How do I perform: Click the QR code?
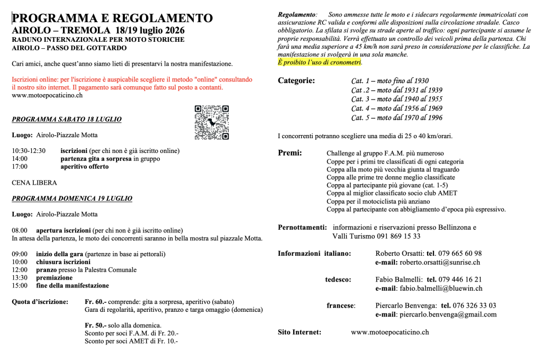tap(211, 122)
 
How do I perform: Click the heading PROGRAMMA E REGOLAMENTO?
tap(112, 18)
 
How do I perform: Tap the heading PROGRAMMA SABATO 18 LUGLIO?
tap(67, 119)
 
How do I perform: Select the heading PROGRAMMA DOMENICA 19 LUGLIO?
tap(72, 199)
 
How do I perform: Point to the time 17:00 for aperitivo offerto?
tap(20, 167)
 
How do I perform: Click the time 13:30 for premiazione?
tap(20, 277)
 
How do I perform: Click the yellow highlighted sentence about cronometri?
tap(320, 62)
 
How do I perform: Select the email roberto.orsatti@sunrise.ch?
tap(440, 262)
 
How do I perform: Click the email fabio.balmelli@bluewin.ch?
tap(441, 289)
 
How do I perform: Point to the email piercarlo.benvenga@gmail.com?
tap(448, 314)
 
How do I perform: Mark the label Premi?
tap(290, 153)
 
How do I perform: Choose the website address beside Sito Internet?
tap(390, 332)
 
